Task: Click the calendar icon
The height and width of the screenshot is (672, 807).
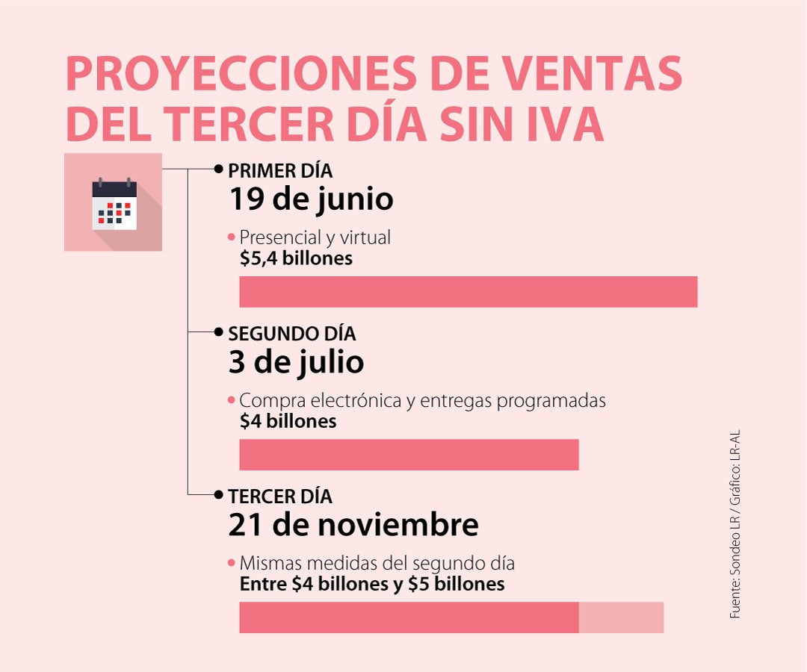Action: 114,203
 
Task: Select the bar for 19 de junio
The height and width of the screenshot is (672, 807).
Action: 468,291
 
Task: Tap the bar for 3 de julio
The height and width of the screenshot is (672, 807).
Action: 409,455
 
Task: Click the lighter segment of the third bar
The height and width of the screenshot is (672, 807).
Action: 621,617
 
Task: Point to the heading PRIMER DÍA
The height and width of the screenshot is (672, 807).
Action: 280,170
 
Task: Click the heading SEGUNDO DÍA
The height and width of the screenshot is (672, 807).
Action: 292,333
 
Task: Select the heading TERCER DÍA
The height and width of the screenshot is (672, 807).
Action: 280,496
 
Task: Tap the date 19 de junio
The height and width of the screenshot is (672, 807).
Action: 311,199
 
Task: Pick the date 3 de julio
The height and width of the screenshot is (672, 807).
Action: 296,362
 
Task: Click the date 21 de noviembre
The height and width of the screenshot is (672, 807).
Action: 353,525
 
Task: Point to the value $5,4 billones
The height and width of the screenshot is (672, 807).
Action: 296,258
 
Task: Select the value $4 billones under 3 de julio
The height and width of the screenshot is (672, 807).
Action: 288,421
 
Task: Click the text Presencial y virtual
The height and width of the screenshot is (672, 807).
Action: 315,238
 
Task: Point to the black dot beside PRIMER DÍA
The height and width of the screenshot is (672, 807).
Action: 218,169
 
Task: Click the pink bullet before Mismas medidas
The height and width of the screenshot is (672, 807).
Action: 232,563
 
